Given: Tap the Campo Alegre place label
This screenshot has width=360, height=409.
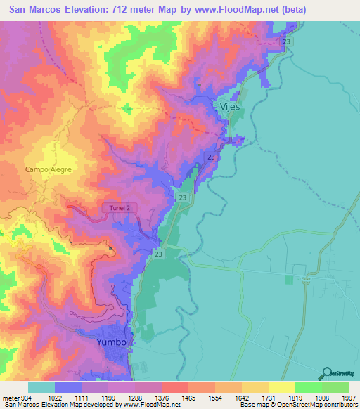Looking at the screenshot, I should [49, 169].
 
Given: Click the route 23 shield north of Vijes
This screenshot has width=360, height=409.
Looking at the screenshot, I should [286, 43].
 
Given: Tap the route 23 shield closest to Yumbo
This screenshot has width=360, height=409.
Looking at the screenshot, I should [158, 254].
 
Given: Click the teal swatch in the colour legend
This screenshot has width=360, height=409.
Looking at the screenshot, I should [41, 387].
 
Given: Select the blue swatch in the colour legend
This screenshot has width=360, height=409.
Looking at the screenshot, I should [68, 387].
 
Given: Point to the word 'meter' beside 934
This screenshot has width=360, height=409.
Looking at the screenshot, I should [11, 397].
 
